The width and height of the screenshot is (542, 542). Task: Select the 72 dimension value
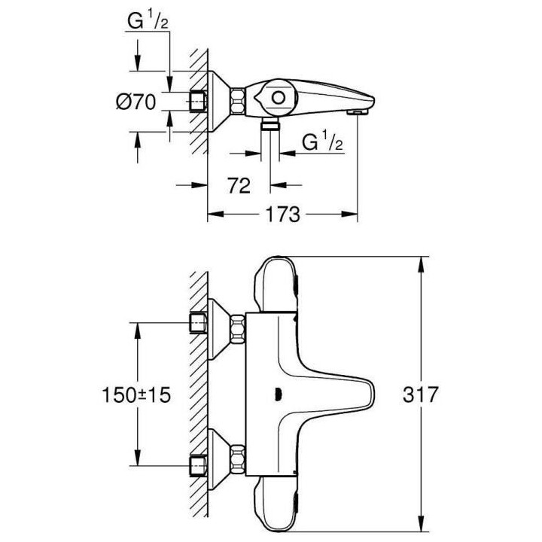pos(239,186)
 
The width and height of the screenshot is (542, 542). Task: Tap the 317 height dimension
pos(419,394)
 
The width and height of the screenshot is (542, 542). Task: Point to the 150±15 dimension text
pos(136,394)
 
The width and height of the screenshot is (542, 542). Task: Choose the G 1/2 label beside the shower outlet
pos(322,142)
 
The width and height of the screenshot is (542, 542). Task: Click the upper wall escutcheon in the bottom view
pos(218,324)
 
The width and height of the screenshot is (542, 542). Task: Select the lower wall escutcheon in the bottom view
pos(218,456)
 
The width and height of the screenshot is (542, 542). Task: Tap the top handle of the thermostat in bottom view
pos(278,282)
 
